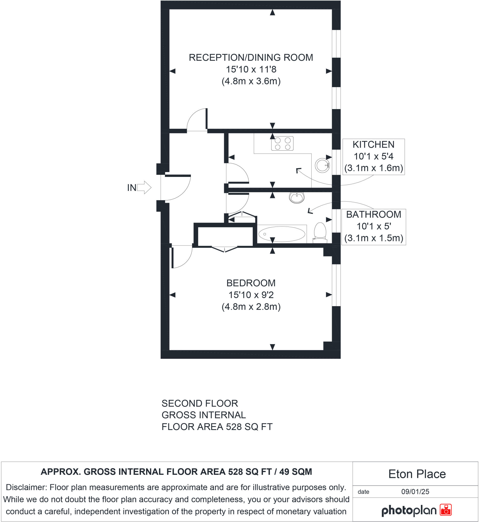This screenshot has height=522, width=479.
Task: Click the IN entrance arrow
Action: (x=144, y=187)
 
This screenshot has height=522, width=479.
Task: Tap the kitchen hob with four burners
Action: (x=282, y=143)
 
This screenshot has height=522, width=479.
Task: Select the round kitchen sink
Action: (x=322, y=165)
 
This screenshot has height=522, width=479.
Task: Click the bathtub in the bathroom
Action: (x=282, y=234)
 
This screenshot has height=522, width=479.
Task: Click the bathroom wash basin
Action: (x=297, y=198)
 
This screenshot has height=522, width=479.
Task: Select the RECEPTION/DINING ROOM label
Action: (x=251, y=58)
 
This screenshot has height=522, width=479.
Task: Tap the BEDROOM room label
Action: (x=251, y=283)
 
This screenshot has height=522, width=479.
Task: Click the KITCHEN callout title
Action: (x=373, y=145)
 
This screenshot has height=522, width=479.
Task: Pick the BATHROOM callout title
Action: (x=374, y=214)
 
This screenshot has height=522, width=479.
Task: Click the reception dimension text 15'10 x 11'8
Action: (x=251, y=69)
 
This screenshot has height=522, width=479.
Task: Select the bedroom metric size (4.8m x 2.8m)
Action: (x=251, y=307)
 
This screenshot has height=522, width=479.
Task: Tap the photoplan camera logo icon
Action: (x=446, y=510)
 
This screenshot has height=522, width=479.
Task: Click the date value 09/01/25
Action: (x=415, y=492)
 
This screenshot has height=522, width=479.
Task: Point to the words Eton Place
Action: (x=417, y=474)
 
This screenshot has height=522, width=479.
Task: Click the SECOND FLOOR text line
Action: (x=199, y=403)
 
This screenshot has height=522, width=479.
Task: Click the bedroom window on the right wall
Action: (x=336, y=285)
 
